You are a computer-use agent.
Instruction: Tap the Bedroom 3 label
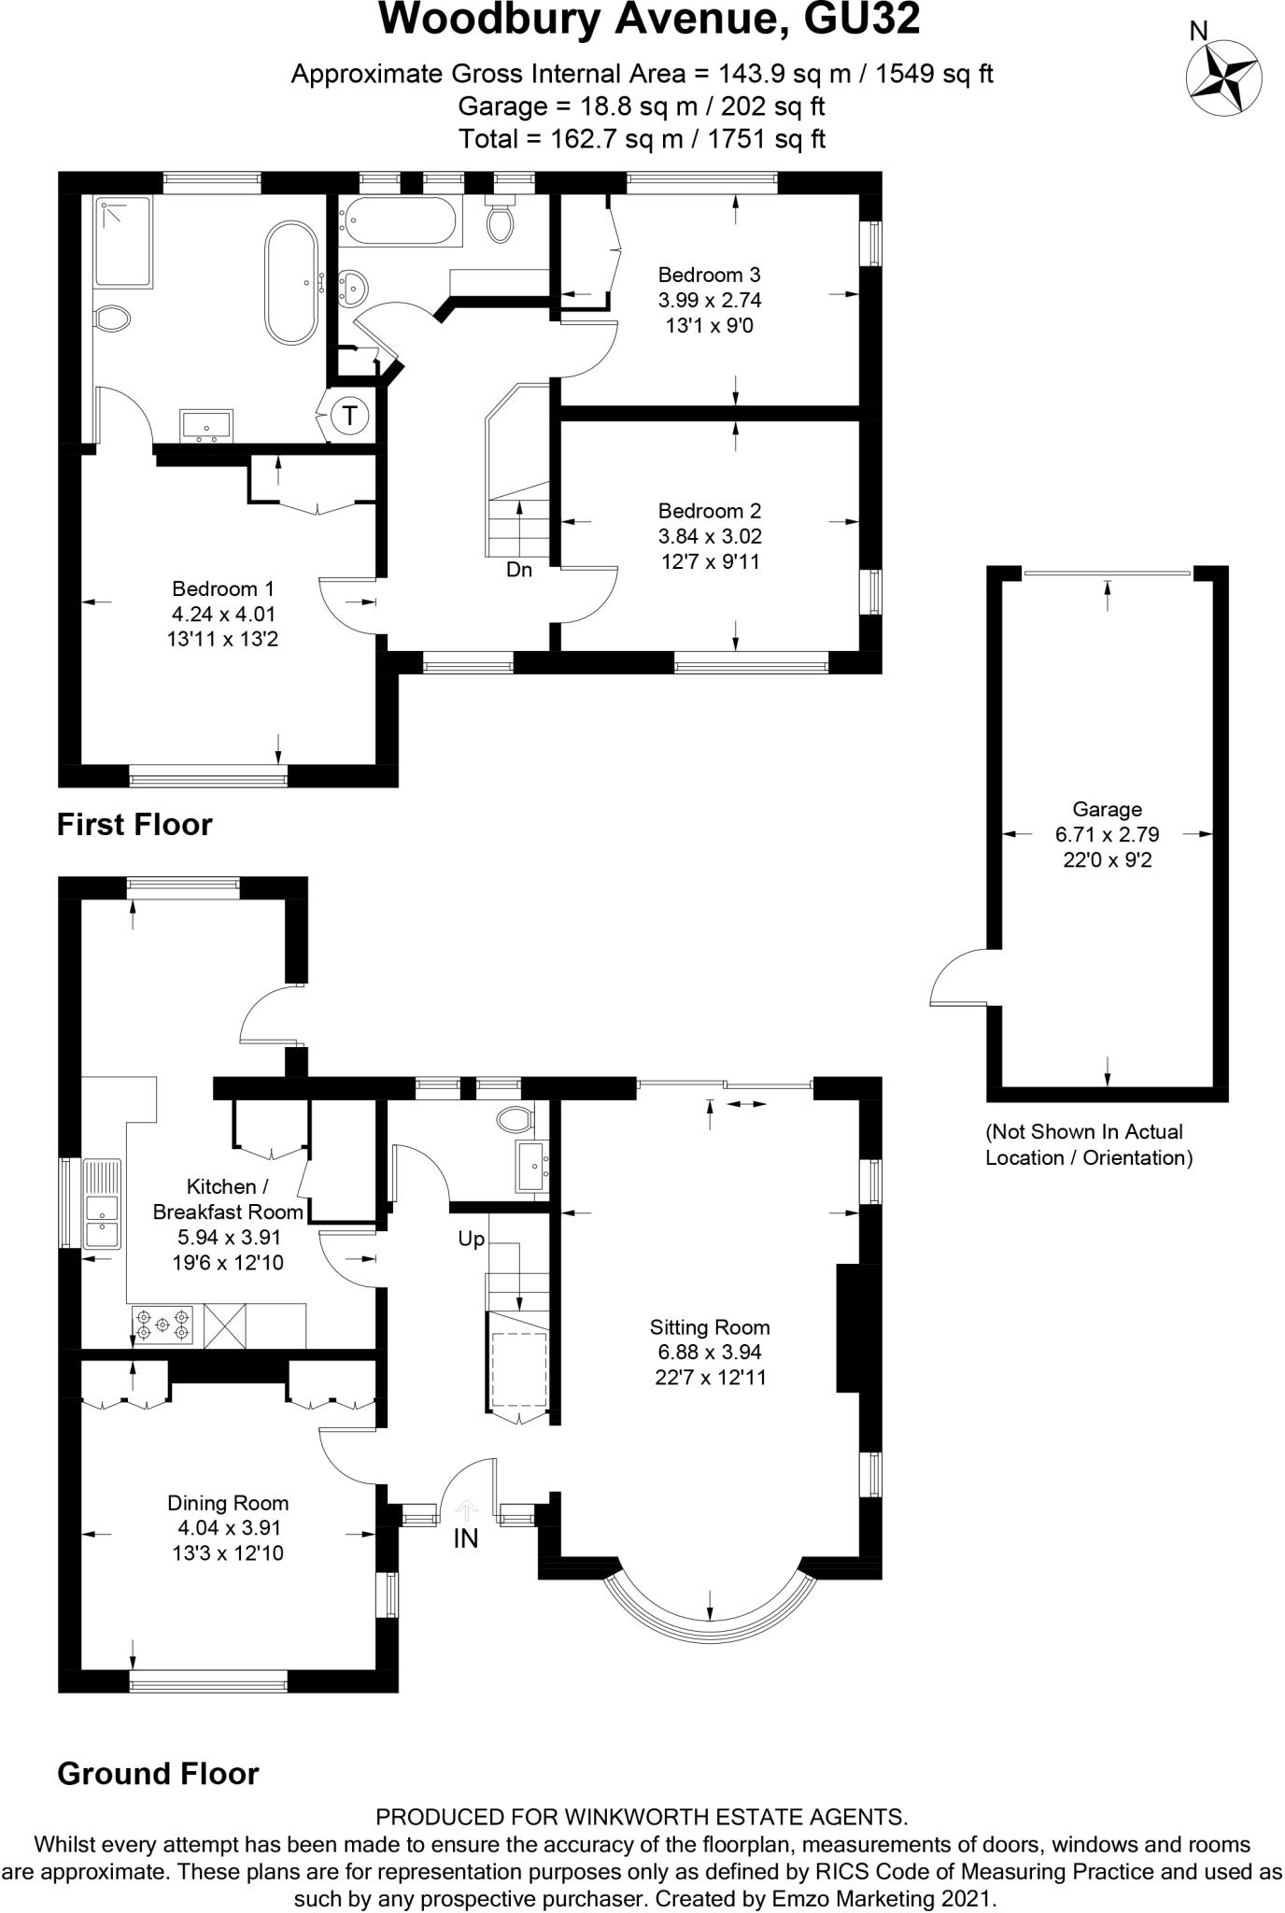click(x=709, y=275)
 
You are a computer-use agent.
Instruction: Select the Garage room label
click(x=1107, y=810)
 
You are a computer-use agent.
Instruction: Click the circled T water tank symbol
click(x=350, y=415)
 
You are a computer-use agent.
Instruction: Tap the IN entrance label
click(x=465, y=1539)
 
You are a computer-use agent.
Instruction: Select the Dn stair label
click(x=519, y=569)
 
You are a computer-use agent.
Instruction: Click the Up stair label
click(x=471, y=1240)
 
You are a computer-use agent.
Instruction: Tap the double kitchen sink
click(x=102, y=1205)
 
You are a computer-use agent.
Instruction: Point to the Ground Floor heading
click(x=158, y=1773)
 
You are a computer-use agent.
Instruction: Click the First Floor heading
click(x=134, y=824)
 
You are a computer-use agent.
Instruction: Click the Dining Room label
click(x=228, y=1503)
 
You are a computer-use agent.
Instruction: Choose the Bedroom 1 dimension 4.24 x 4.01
click(x=224, y=614)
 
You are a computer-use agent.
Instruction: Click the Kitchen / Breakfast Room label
click(x=228, y=1199)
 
